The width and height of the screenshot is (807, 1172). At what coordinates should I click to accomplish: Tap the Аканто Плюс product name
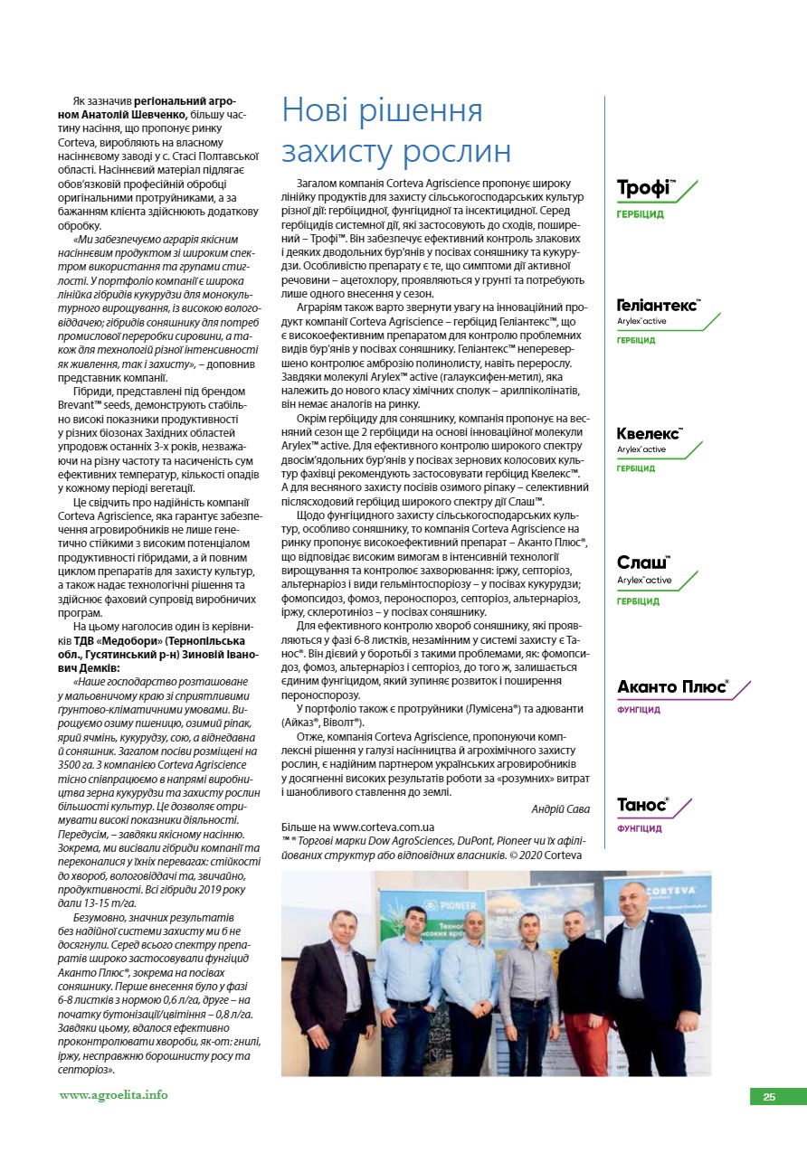tap(672, 687)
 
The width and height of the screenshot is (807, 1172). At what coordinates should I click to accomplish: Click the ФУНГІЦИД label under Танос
tap(639, 828)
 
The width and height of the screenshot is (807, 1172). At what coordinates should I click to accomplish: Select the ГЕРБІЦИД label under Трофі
tap(640, 215)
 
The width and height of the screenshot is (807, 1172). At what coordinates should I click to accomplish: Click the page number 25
tap(769, 1097)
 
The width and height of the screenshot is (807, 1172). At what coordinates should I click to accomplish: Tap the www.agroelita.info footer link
tap(113, 1095)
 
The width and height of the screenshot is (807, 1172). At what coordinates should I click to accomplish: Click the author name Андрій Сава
tap(559, 808)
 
